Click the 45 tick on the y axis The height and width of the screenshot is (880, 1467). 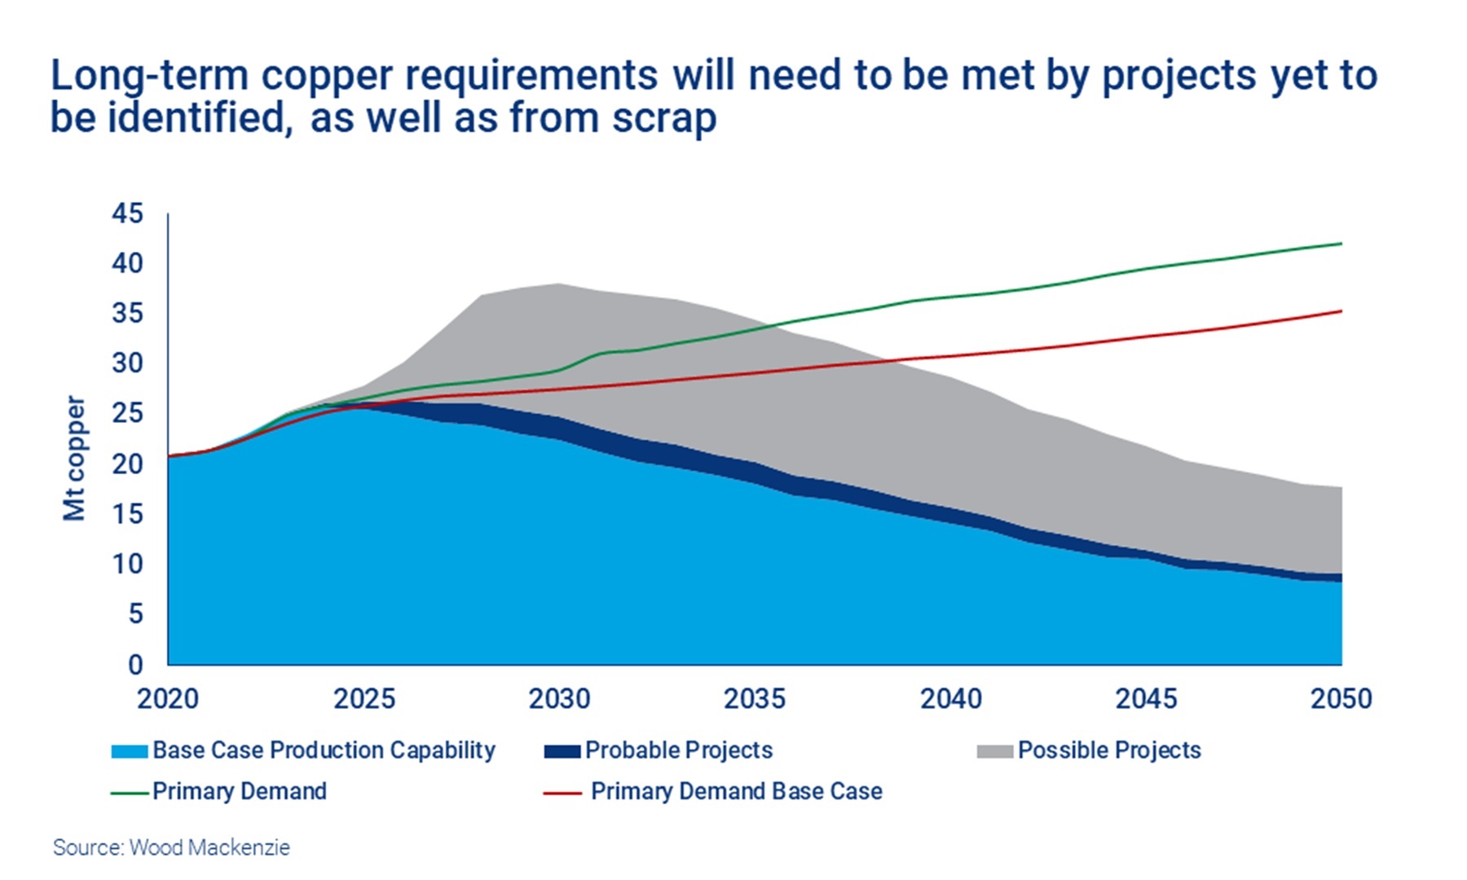pyautogui.click(x=127, y=213)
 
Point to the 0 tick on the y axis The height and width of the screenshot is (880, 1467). pyautogui.click(x=135, y=665)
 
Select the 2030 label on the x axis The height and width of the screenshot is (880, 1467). pyautogui.click(x=559, y=699)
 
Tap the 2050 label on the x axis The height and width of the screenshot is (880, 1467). pyautogui.click(x=1341, y=699)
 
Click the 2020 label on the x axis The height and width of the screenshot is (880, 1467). pyautogui.click(x=168, y=699)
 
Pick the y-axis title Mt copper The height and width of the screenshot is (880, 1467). pyautogui.click(x=74, y=458)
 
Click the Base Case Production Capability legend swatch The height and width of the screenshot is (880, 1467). pyautogui.click(x=130, y=751)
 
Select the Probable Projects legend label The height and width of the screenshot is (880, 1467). pyautogui.click(x=678, y=750)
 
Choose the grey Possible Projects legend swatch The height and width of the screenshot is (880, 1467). pyautogui.click(x=995, y=751)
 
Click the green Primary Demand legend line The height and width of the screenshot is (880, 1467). pyautogui.click(x=130, y=792)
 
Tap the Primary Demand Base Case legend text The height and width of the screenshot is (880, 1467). pyautogui.click(x=736, y=791)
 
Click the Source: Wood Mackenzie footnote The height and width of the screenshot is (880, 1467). pyautogui.click(x=171, y=847)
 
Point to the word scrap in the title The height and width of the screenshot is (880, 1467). pyautogui.click(x=664, y=118)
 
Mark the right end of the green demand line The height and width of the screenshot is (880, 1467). pyautogui.click(x=1341, y=244)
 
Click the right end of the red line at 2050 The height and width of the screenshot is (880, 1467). pyautogui.click(x=1341, y=311)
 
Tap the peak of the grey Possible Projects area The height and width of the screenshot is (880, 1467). pyautogui.click(x=559, y=284)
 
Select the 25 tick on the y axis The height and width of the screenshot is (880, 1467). pyautogui.click(x=127, y=413)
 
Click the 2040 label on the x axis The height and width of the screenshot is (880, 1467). pyautogui.click(x=950, y=699)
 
